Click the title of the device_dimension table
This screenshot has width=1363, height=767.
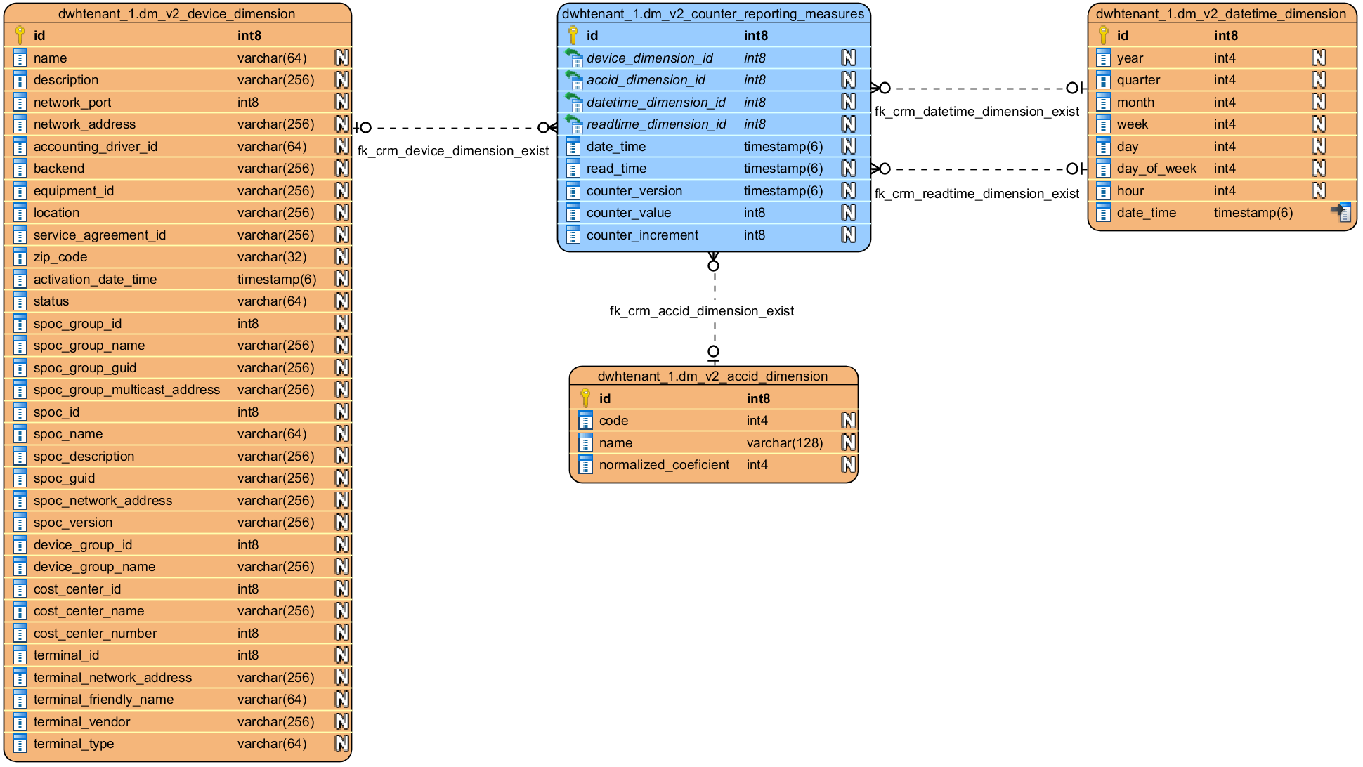[176, 14]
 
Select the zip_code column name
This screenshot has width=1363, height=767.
[60, 257]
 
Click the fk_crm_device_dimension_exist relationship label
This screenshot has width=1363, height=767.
[453, 151]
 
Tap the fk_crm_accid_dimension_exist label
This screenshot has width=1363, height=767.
[701, 311]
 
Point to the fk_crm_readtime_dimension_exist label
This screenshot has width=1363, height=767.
[977, 194]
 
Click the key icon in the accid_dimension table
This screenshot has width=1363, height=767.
[585, 398]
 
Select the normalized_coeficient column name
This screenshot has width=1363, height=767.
[664, 465]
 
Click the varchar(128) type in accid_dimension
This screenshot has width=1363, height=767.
[784, 443]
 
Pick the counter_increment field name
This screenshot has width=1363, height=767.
[642, 235]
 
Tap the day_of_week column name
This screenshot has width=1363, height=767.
[1156, 169]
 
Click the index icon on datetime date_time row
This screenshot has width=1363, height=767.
[1341, 212]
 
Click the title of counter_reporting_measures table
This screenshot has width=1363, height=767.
[713, 14]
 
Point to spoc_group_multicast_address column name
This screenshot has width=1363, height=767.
[126, 390]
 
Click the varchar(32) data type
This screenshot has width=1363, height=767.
[272, 257]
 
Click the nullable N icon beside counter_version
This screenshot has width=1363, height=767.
[849, 190]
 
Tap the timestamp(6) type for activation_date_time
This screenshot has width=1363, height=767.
[277, 280]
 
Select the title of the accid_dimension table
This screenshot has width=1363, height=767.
[712, 376]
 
